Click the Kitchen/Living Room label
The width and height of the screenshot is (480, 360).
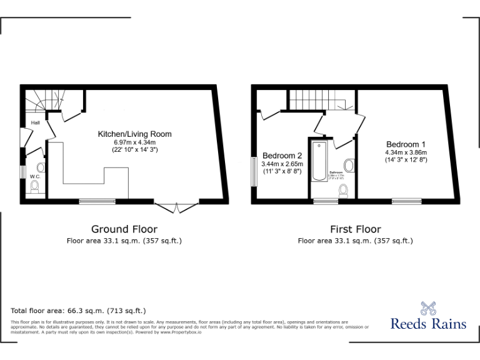(134, 134)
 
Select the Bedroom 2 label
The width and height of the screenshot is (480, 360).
(282, 156)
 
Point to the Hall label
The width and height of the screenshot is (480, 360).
(36, 122)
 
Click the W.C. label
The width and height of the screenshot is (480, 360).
(35, 176)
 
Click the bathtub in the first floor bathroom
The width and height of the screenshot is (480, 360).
(319, 167)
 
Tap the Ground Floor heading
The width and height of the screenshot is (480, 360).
(124, 229)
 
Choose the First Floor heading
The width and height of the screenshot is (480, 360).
(355, 229)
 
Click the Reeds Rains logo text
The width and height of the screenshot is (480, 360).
(428, 324)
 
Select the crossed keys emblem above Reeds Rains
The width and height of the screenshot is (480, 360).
(428, 308)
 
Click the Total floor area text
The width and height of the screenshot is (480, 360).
(78, 311)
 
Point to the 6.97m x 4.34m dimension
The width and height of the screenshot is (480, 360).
(134, 142)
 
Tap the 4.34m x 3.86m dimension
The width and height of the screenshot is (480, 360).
(406, 152)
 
